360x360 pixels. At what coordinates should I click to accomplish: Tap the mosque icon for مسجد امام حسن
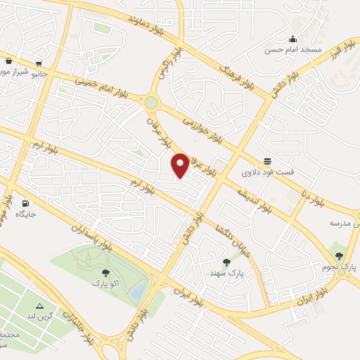point(292,39)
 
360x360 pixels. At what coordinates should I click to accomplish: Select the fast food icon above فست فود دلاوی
point(266,160)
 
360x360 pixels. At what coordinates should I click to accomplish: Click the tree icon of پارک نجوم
point(339,256)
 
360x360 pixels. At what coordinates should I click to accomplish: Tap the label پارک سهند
point(225,272)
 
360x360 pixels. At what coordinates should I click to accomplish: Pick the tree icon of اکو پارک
point(105,272)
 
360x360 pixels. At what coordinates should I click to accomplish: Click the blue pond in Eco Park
point(138,291)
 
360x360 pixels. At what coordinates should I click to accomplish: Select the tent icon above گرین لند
point(39,306)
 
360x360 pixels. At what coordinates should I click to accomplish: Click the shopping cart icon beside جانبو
point(8,61)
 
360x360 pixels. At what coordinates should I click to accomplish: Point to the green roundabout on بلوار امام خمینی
point(150,103)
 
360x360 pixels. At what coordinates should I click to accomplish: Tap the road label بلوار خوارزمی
point(203,129)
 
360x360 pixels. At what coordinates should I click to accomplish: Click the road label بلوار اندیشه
point(253,200)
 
